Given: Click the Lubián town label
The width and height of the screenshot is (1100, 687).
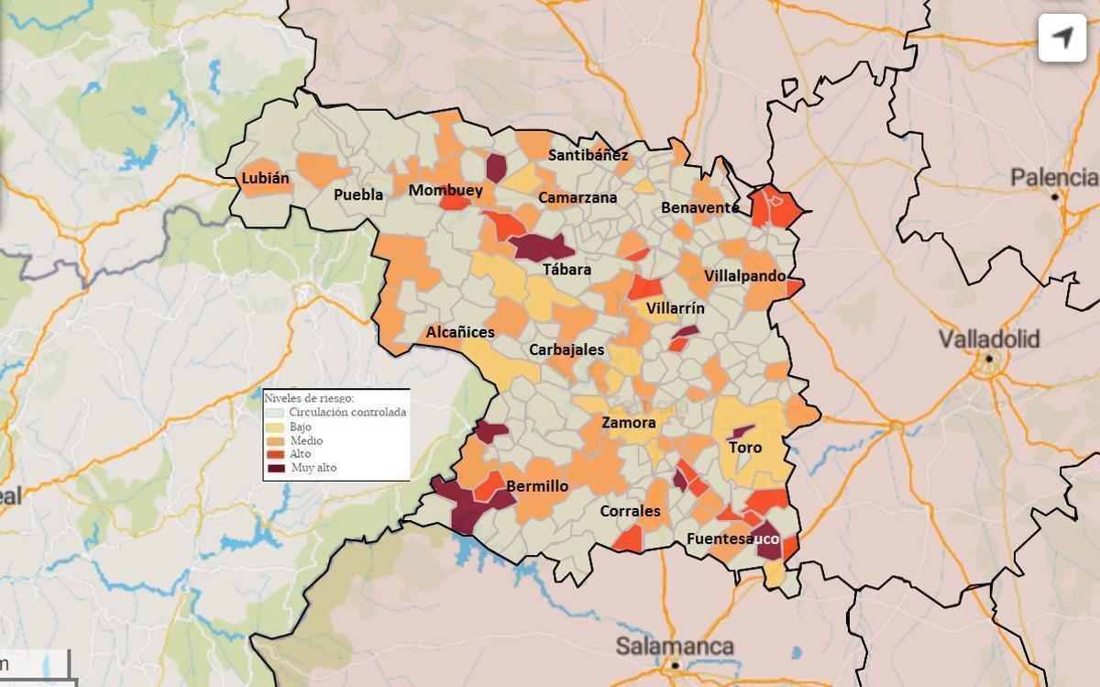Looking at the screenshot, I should point(265,180).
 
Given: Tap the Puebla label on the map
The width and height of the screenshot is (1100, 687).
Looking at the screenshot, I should point(358,195).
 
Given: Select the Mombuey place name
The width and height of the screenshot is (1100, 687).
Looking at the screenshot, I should point(445,191).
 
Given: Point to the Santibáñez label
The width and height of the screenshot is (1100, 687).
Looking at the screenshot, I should point(588,155).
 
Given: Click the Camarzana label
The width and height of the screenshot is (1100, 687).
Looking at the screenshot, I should point(577,198).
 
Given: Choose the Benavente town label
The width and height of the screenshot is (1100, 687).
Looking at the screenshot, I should point(699,208).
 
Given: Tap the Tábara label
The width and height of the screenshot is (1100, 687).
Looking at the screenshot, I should point(566,270).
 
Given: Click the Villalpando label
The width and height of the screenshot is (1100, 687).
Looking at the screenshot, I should point(744,276).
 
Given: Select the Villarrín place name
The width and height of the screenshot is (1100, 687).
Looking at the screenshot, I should point(676,309).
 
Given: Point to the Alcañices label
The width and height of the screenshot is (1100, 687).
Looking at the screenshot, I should point(460,333).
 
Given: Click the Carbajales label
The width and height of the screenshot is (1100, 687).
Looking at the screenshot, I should point(566,349).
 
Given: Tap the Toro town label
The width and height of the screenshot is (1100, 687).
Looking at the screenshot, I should point(745,449).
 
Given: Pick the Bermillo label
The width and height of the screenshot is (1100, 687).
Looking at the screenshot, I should point(537,486).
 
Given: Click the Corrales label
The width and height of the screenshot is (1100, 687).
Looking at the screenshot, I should point(630,511).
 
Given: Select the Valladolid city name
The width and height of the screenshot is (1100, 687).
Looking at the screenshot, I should point(989,340).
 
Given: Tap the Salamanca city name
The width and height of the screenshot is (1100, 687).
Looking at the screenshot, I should point(675,646).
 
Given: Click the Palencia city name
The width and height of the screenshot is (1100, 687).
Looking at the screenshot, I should point(1054,177).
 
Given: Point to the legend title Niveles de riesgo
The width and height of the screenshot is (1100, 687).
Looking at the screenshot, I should point(309,398).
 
